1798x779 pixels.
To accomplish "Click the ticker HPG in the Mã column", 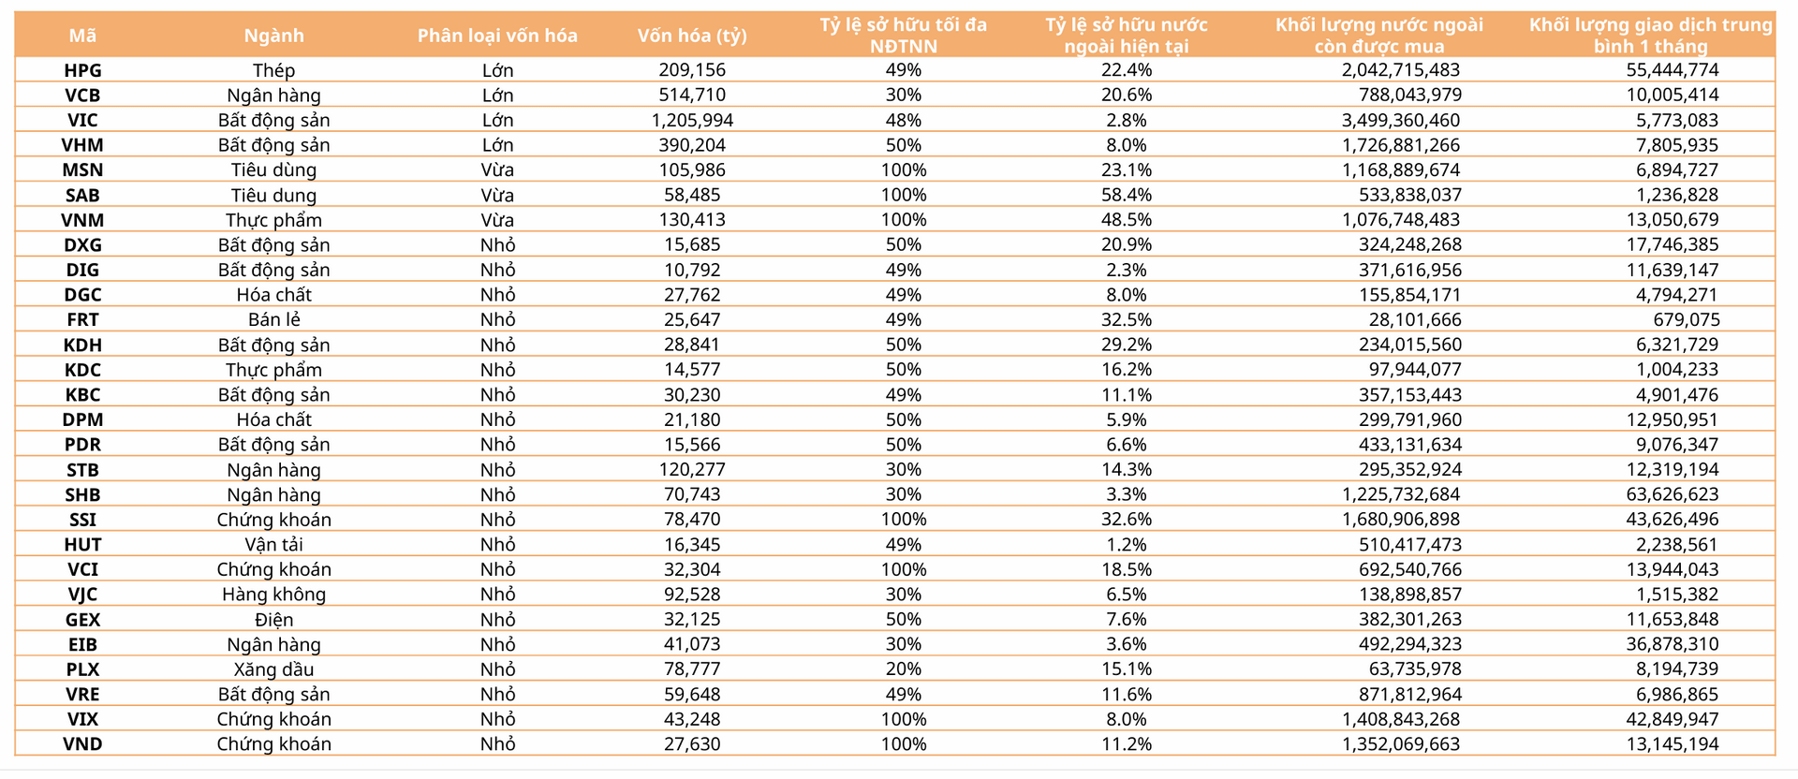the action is [82, 70].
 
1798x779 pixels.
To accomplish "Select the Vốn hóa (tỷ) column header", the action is [692, 36].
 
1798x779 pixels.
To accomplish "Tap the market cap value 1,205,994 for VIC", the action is [692, 120].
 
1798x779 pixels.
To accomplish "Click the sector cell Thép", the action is [273, 70].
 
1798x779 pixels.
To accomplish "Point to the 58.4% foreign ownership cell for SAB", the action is [1127, 195].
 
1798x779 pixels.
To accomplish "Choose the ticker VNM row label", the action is [82, 220].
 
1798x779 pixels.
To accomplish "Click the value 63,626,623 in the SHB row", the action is [1673, 494].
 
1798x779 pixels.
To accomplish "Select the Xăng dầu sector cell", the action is [273, 669].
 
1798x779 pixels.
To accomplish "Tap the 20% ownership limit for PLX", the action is [904, 669].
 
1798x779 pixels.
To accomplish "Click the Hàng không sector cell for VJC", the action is [273, 595].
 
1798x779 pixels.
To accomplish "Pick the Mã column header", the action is [82, 36].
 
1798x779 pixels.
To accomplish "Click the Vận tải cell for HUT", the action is [273, 544].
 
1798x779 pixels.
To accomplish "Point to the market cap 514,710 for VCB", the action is [692, 95].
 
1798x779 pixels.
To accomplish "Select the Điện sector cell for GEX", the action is [273, 619].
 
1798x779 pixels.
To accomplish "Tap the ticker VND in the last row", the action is [82, 744].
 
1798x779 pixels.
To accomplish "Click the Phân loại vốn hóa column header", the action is [497, 36].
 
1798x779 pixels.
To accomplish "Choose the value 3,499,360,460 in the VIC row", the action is [1401, 120].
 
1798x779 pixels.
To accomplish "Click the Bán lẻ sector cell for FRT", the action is [273, 319].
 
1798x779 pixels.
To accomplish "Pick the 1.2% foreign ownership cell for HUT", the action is [1127, 544].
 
